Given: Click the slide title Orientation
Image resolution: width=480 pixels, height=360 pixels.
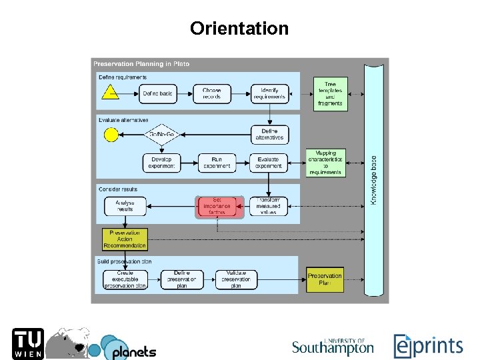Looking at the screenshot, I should tap(239, 29).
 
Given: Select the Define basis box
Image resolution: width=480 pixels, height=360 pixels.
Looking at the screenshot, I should tap(157, 93).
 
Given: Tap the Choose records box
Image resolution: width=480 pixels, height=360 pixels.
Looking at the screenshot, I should tap(212, 93).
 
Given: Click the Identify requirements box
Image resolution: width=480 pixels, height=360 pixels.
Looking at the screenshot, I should tap(269, 93).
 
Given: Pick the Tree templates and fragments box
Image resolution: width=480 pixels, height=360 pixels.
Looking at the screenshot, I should tap(330, 93).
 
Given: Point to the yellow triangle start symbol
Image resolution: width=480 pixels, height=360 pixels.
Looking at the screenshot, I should tap(111, 93).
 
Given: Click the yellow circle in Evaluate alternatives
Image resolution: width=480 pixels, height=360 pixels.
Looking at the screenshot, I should tap(111, 135).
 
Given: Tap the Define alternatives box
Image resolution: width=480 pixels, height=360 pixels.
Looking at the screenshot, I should tap(269, 135).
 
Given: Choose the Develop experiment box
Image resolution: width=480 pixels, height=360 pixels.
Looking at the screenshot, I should tap(161, 163).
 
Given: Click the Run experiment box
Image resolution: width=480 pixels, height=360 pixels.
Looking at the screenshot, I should tap(217, 163).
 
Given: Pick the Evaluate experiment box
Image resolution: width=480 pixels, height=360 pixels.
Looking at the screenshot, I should tap(269, 163).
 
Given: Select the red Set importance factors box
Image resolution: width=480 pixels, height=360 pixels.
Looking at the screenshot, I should tap(217, 206).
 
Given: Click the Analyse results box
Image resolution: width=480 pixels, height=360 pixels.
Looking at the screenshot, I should tap(125, 206).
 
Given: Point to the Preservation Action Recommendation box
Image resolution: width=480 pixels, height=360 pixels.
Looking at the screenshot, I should tap(125, 239).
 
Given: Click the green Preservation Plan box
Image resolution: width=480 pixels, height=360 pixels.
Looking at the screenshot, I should tap(325, 279).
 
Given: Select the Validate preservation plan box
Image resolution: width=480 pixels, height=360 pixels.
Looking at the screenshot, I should tap(236, 279).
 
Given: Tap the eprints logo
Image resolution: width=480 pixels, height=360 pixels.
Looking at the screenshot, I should tap(427, 345).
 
